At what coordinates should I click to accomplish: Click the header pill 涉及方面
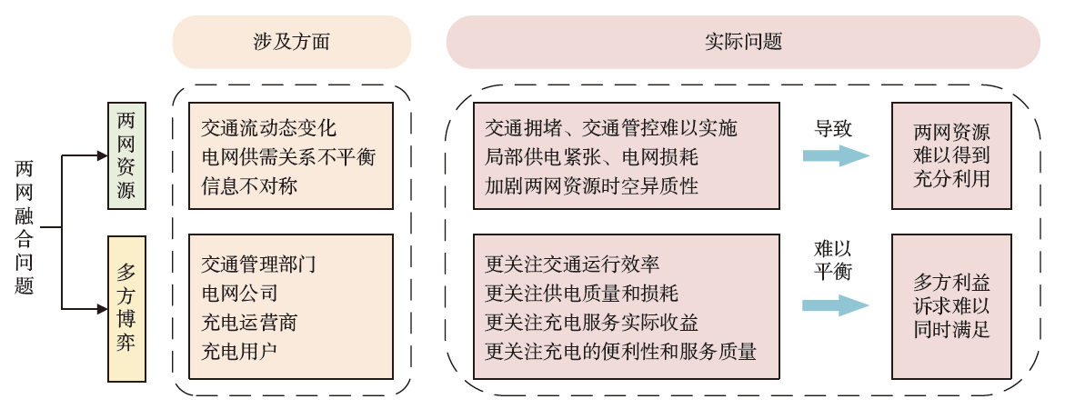click(x=291, y=42)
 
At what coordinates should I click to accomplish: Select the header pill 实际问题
click(x=742, y=42)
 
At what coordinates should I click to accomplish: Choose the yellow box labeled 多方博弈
click(x=126, y=309)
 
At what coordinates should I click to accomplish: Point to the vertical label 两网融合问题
click(x=25, y=227)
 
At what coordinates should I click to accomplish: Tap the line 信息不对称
click(x=249, y=186)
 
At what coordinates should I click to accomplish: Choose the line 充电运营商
click(x=249, y=323)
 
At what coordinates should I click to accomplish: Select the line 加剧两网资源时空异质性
click(x=592, y=186)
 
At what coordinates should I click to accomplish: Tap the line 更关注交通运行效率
click(x=573, y=264)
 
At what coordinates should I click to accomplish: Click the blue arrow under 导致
click(x=835, y=155)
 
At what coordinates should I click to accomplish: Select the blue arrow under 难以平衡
click(x=835, y=305)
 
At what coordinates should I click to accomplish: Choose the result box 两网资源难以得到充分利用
click(x=951, y=156)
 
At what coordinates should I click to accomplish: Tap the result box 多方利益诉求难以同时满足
click(x=951, y=306)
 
